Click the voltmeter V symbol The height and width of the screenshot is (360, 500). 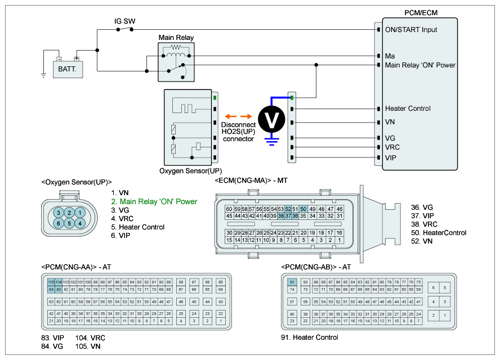coord(272,119)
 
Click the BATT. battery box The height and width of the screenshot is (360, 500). coord(68,69)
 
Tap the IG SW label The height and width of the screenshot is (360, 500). coord(124,22)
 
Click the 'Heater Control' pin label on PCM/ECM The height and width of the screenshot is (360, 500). coord(408,109)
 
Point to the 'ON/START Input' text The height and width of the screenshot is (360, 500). coord(411,30)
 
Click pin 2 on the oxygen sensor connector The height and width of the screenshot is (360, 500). coord(69,212)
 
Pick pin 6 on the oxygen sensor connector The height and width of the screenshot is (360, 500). coord(58,223)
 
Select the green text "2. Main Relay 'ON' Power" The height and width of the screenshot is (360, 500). coord(153,201)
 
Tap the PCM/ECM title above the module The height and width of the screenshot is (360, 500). coord(421,12)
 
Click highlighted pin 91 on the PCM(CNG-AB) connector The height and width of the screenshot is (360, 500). coord(292,282)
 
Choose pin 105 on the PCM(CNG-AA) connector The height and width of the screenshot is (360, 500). coord(51,281)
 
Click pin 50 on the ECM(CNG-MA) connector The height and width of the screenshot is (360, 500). coord(303,209)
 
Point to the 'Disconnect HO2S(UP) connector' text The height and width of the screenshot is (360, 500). coord(238,132)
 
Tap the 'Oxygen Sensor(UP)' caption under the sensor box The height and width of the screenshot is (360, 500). coord(191,171)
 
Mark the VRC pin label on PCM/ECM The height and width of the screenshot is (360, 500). coord(394,147)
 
